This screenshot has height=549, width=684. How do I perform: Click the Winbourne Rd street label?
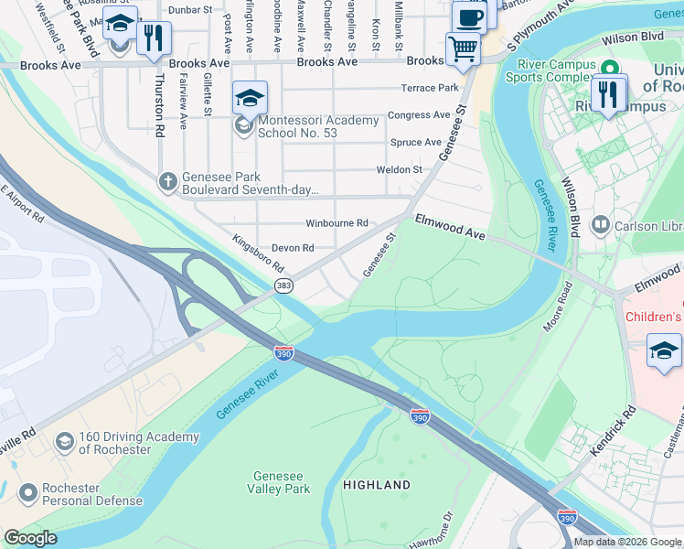point(337,223)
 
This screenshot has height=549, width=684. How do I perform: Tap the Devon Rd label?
point(293,248)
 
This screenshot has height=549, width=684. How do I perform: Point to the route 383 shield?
point(283,286)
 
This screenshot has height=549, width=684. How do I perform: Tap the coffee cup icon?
point(469,18)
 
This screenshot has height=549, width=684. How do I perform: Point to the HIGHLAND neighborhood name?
point(377,484)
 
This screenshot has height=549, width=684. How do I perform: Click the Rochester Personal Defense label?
point(92,494)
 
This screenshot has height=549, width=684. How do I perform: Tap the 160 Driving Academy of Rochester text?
point(114,443)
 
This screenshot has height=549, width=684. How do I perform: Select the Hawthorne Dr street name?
point(431,532)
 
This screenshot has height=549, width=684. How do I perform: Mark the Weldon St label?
point(399,169)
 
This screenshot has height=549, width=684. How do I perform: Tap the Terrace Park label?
point(429,88)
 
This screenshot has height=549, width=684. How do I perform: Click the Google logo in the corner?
point(30,539)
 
